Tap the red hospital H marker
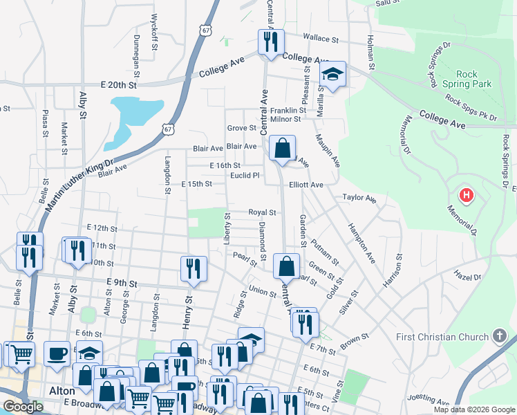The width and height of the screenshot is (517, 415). (467, 196)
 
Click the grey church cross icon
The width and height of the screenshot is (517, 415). (500, 337)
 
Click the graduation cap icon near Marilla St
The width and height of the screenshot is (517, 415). (332, 75)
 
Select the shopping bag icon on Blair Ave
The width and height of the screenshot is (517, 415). (283, 148)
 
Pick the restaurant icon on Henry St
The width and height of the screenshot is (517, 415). (194, 268)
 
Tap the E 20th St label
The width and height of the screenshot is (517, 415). (120, 85)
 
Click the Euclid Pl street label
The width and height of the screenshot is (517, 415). (245, 176)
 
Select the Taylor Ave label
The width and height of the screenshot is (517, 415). (359, 198)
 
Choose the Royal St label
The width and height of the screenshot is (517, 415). (263, 213)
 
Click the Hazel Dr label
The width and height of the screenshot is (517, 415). (467, 277)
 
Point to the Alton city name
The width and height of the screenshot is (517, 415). (62, 391)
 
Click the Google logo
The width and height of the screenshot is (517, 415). (22, 407)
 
